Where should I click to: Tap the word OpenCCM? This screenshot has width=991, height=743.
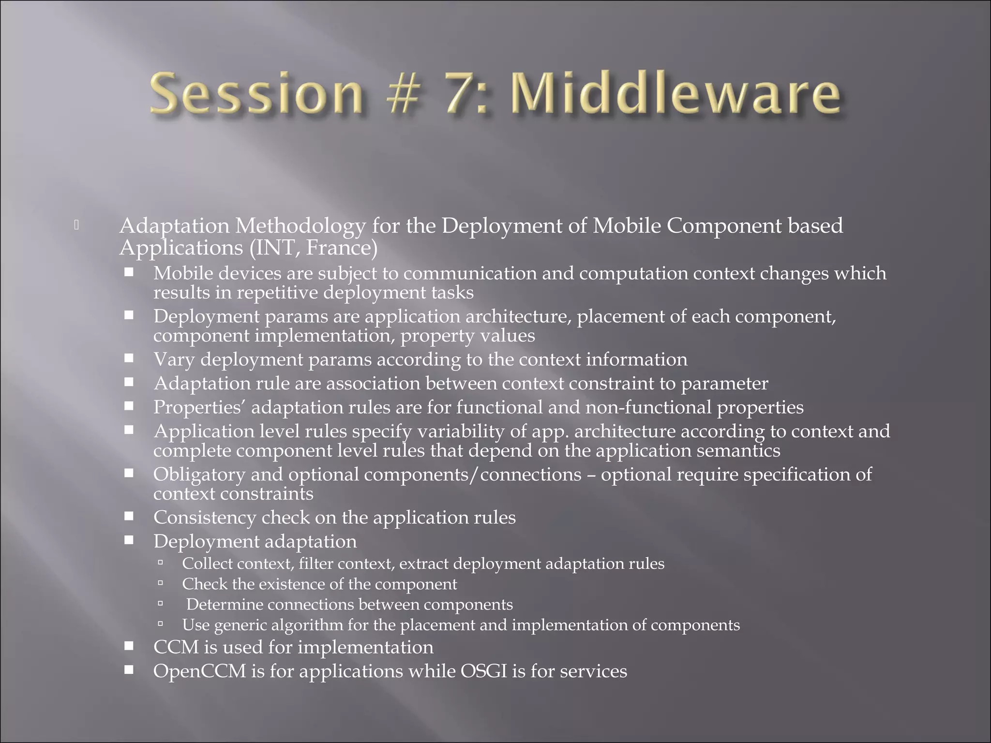pyautogui.click(x=199, y=671)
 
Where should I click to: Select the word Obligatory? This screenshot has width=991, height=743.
pyautogui.click(x=199, y=475)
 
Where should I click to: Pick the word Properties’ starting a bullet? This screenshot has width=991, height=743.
pyautogui.click(x=199, y=407)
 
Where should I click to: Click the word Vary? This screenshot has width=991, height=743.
pyautogui.click(x=174, y=359)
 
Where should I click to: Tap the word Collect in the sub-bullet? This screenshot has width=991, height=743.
pyautogui.click(x=207, y=564)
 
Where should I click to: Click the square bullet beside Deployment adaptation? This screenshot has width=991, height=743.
pyautogui.click(x=129, y=540)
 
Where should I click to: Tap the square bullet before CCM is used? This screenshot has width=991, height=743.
pyautogui.click(x=129, y=646)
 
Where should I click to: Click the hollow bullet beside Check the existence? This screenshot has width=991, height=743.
pyautogui.click(x=161, y=584)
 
